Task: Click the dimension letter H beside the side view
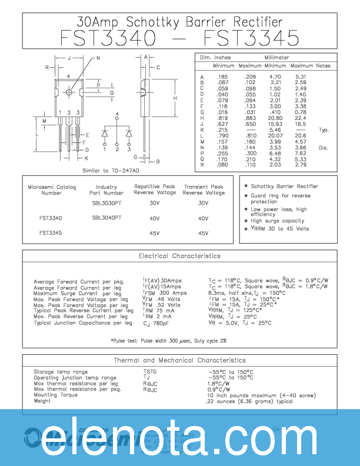[175, 98]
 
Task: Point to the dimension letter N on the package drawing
[98, 58]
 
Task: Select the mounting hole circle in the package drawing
[69, 92]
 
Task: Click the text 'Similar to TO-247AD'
[111, 171]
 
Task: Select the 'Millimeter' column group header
[276, 58]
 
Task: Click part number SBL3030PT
[106, 202]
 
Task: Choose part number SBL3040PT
[106, 218]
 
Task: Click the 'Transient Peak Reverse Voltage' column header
[204, 189]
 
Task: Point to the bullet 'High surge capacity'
[277, 221]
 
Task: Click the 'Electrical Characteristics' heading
[179, 256]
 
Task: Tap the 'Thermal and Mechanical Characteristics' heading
[179, 360]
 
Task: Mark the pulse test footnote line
[169, 341]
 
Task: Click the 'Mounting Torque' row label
[54, 395]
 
